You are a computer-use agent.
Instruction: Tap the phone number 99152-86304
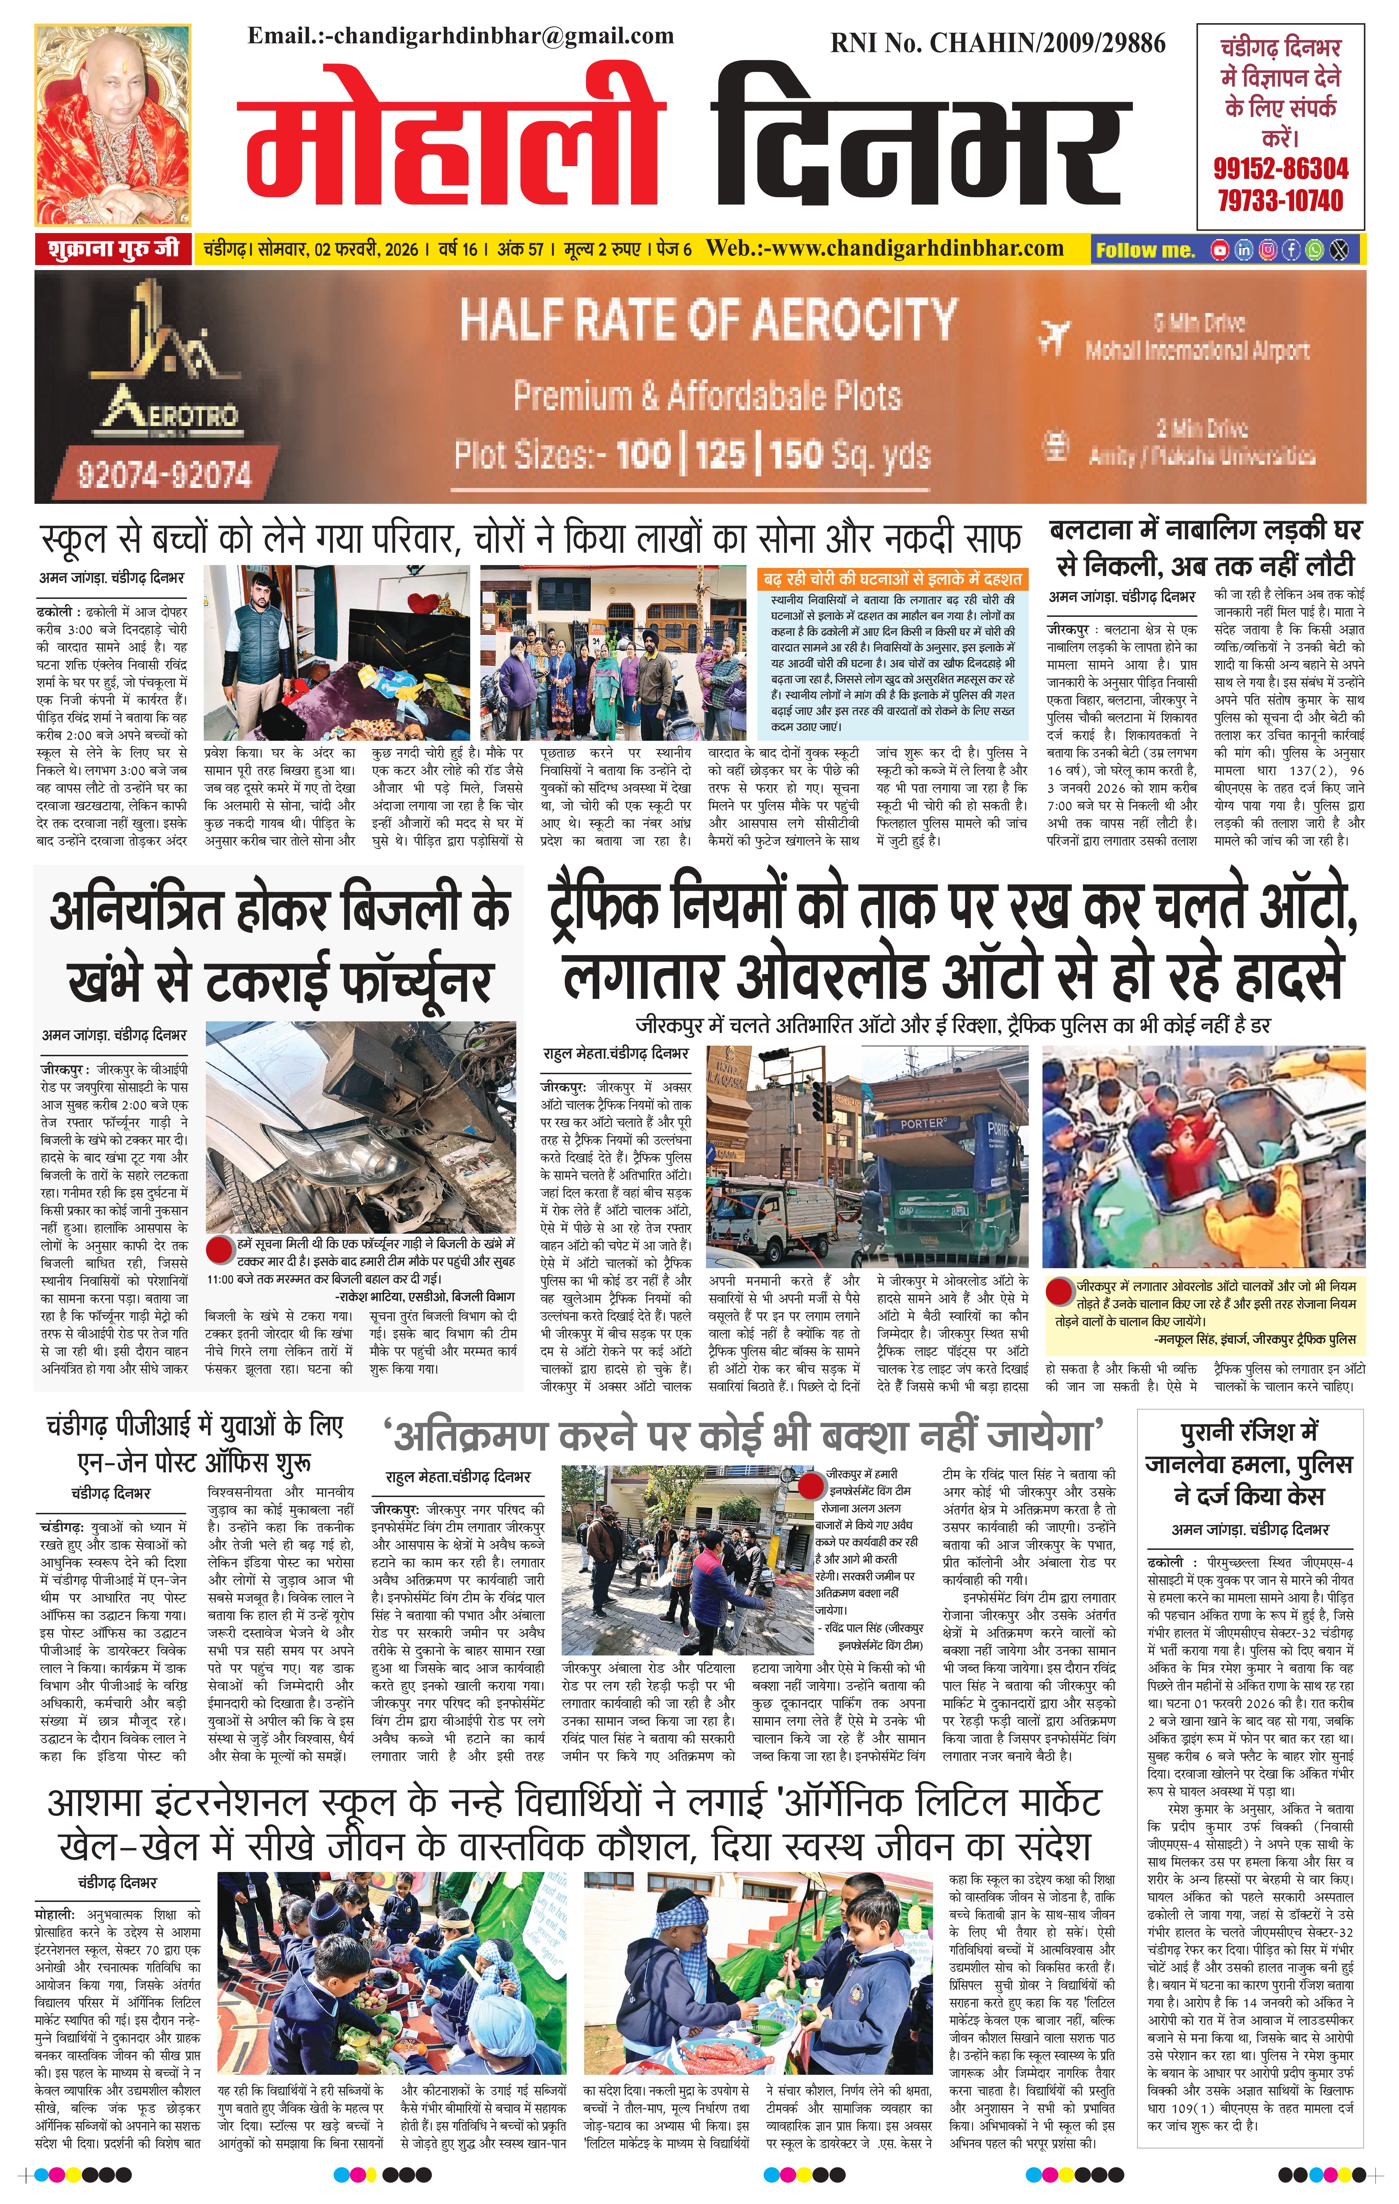(1280, 168)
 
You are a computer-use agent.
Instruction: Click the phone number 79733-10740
(1280, 200)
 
